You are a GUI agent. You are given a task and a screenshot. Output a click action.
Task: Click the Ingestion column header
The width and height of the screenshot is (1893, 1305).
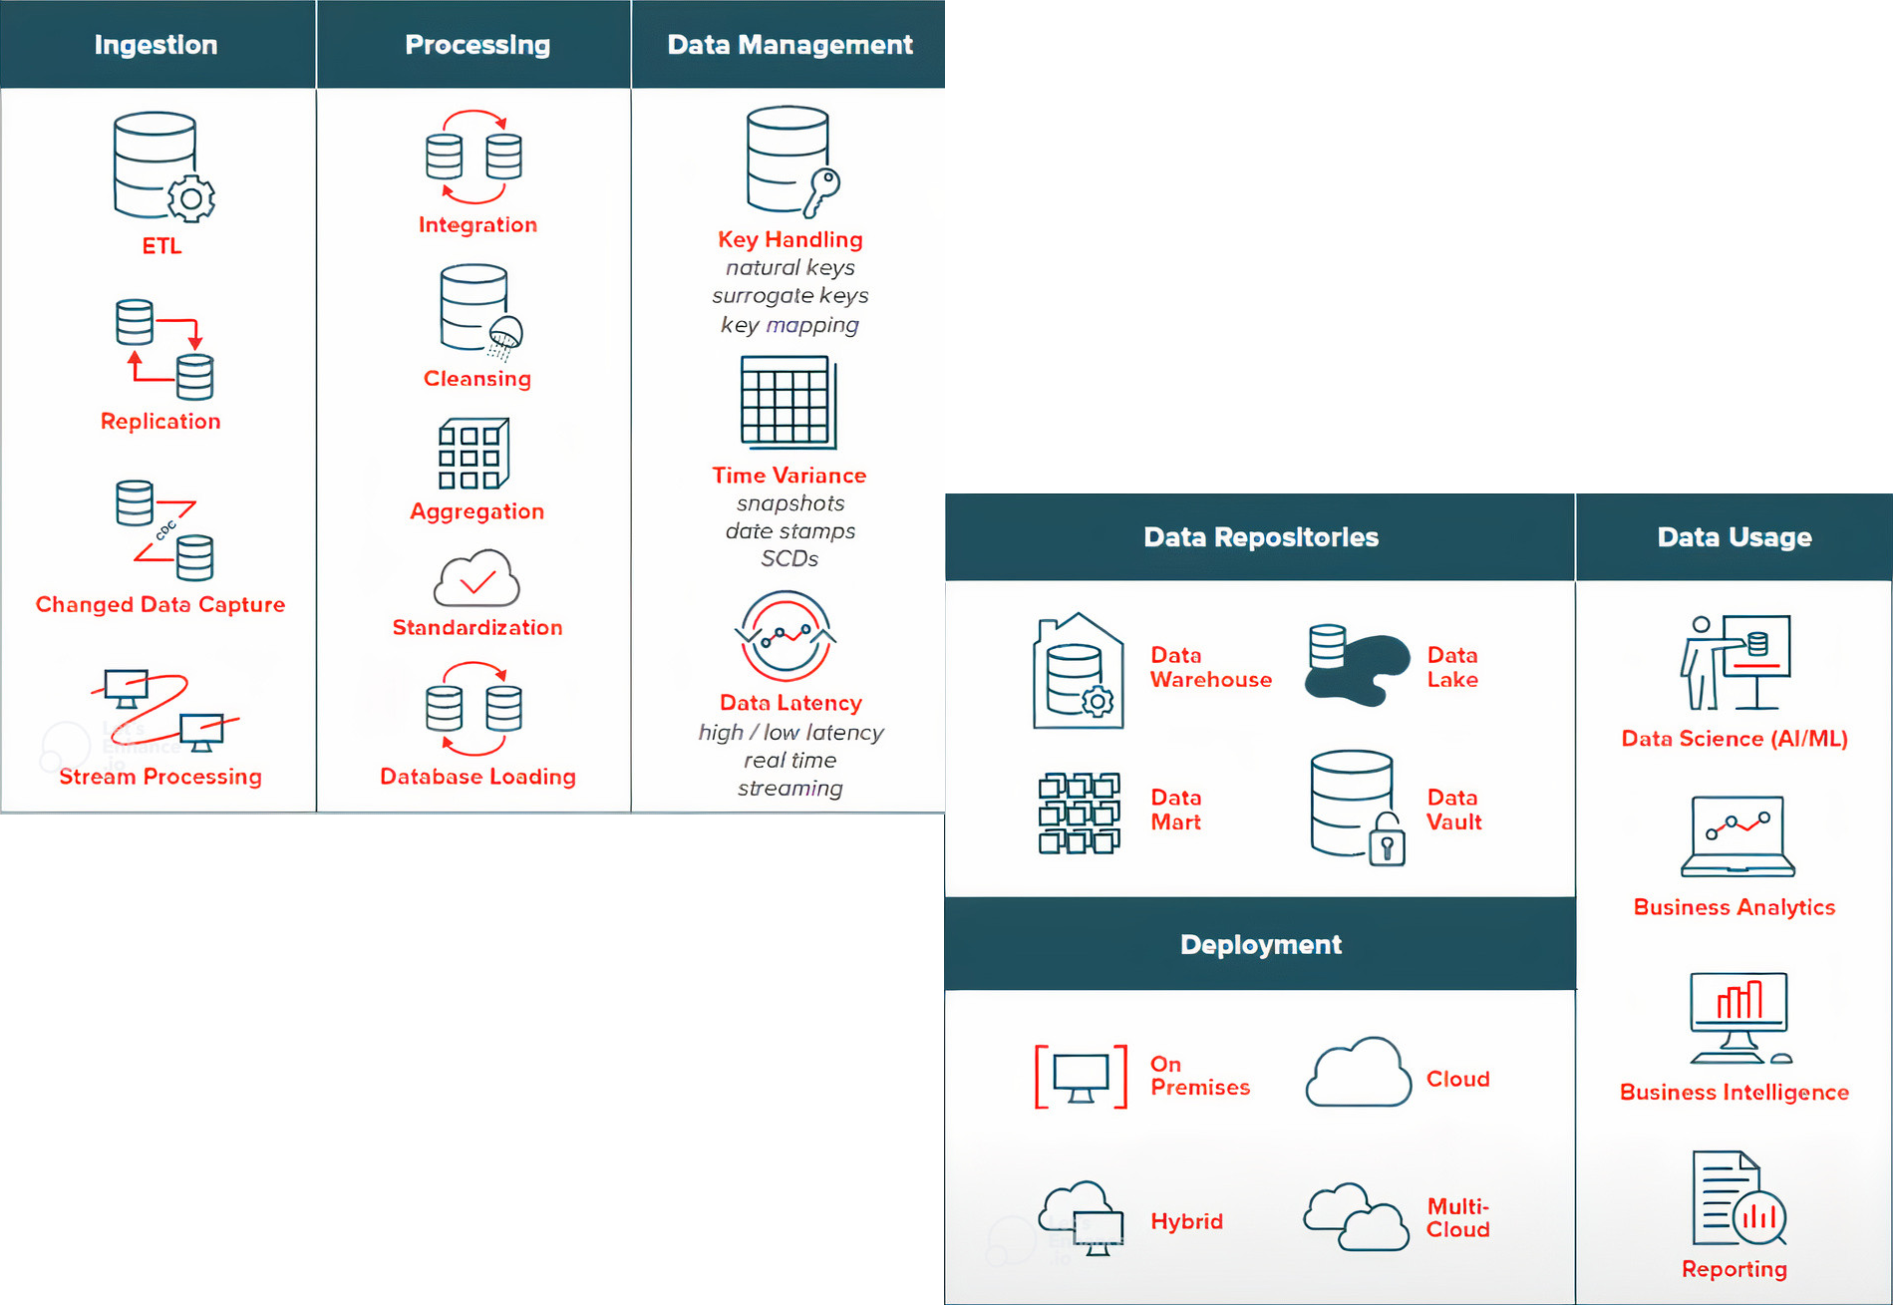[x=156, y=45]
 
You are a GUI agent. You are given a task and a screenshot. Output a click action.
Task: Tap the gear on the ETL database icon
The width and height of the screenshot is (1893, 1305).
[x=191, y=198]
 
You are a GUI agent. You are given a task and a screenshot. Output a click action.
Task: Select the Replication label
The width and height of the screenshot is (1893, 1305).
[x=160, y=421]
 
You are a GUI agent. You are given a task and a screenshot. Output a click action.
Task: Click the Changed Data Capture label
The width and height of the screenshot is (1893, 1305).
[x=160, y=604]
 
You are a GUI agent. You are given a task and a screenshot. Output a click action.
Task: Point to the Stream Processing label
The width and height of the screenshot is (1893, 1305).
[x=160, y=777]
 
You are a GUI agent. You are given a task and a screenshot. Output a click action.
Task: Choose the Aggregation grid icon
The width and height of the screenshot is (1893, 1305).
[x=473, y=455]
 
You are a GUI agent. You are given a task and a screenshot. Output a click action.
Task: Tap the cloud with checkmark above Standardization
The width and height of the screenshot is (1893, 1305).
[x=477, y=578]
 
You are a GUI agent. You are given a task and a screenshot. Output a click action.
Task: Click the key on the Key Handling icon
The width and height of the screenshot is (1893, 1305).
[x=822, y=190]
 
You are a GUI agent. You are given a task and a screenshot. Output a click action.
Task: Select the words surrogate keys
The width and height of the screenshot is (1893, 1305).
[x=790, y=296]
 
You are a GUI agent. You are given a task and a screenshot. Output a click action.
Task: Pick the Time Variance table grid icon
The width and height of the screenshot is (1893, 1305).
[x=789, y=402]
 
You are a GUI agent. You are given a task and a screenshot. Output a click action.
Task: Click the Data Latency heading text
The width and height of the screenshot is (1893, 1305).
[x=790, y=703]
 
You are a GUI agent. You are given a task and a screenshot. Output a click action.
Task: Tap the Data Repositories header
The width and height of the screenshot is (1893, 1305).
[x=1261, y=537]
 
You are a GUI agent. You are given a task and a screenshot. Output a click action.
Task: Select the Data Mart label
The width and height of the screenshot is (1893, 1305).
[x=1176, y=810]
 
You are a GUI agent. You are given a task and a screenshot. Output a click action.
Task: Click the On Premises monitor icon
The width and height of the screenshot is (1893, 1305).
[x=1082, y=1077]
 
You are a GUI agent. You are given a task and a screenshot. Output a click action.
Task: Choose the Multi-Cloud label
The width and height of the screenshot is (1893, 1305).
[x=1458, y=1218]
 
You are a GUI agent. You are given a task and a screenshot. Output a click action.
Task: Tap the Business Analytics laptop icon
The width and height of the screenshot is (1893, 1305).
[x=1738, y=836]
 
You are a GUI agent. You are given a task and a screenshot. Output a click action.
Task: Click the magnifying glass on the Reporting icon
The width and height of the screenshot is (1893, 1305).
[x=1760, y=1216]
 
